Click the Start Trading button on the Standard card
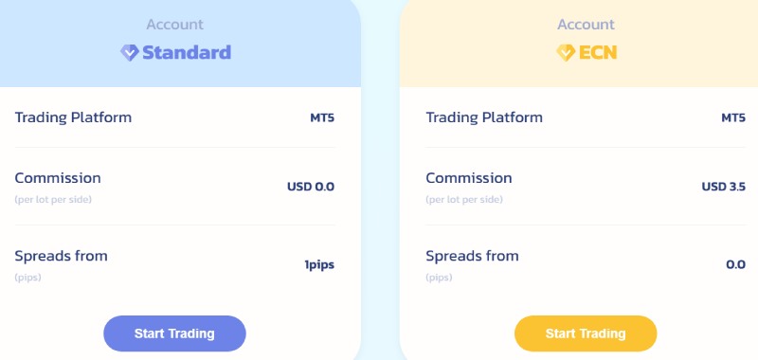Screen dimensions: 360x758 coord(174,333)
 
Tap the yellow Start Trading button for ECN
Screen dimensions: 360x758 coord(586,333)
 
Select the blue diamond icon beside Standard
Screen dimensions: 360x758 coord(130,53)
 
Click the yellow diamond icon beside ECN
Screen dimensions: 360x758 coord(565,53)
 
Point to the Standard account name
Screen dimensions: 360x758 coord(187,53)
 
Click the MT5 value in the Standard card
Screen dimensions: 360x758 coord(322,118)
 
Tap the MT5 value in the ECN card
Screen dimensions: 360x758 coord(733,118)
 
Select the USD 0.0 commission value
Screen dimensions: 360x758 coord(311,187)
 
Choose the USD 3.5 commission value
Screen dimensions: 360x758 coord(723,187)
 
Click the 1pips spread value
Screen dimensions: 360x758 coord(319,265)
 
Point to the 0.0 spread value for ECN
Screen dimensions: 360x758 coord(735,265)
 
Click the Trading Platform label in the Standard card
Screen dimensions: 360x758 coord(73,117)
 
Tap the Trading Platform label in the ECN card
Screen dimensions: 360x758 coord(484,117)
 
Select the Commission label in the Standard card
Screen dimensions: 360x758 coord(58,178)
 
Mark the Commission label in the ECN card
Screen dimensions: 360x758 coord(469,178)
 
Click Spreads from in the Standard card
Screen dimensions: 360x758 coord(62,256)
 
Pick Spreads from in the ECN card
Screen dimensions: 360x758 coord(473,256)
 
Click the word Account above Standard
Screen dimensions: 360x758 coord(175,25)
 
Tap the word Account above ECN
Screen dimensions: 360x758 coord(586,25)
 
